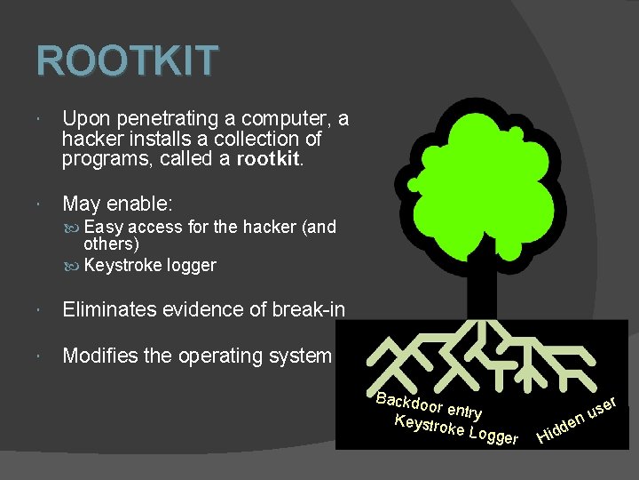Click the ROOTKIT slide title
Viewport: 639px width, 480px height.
[127, 61]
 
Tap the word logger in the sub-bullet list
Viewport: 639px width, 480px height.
[190, 266]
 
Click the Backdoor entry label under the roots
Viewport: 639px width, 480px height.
[429, 404]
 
